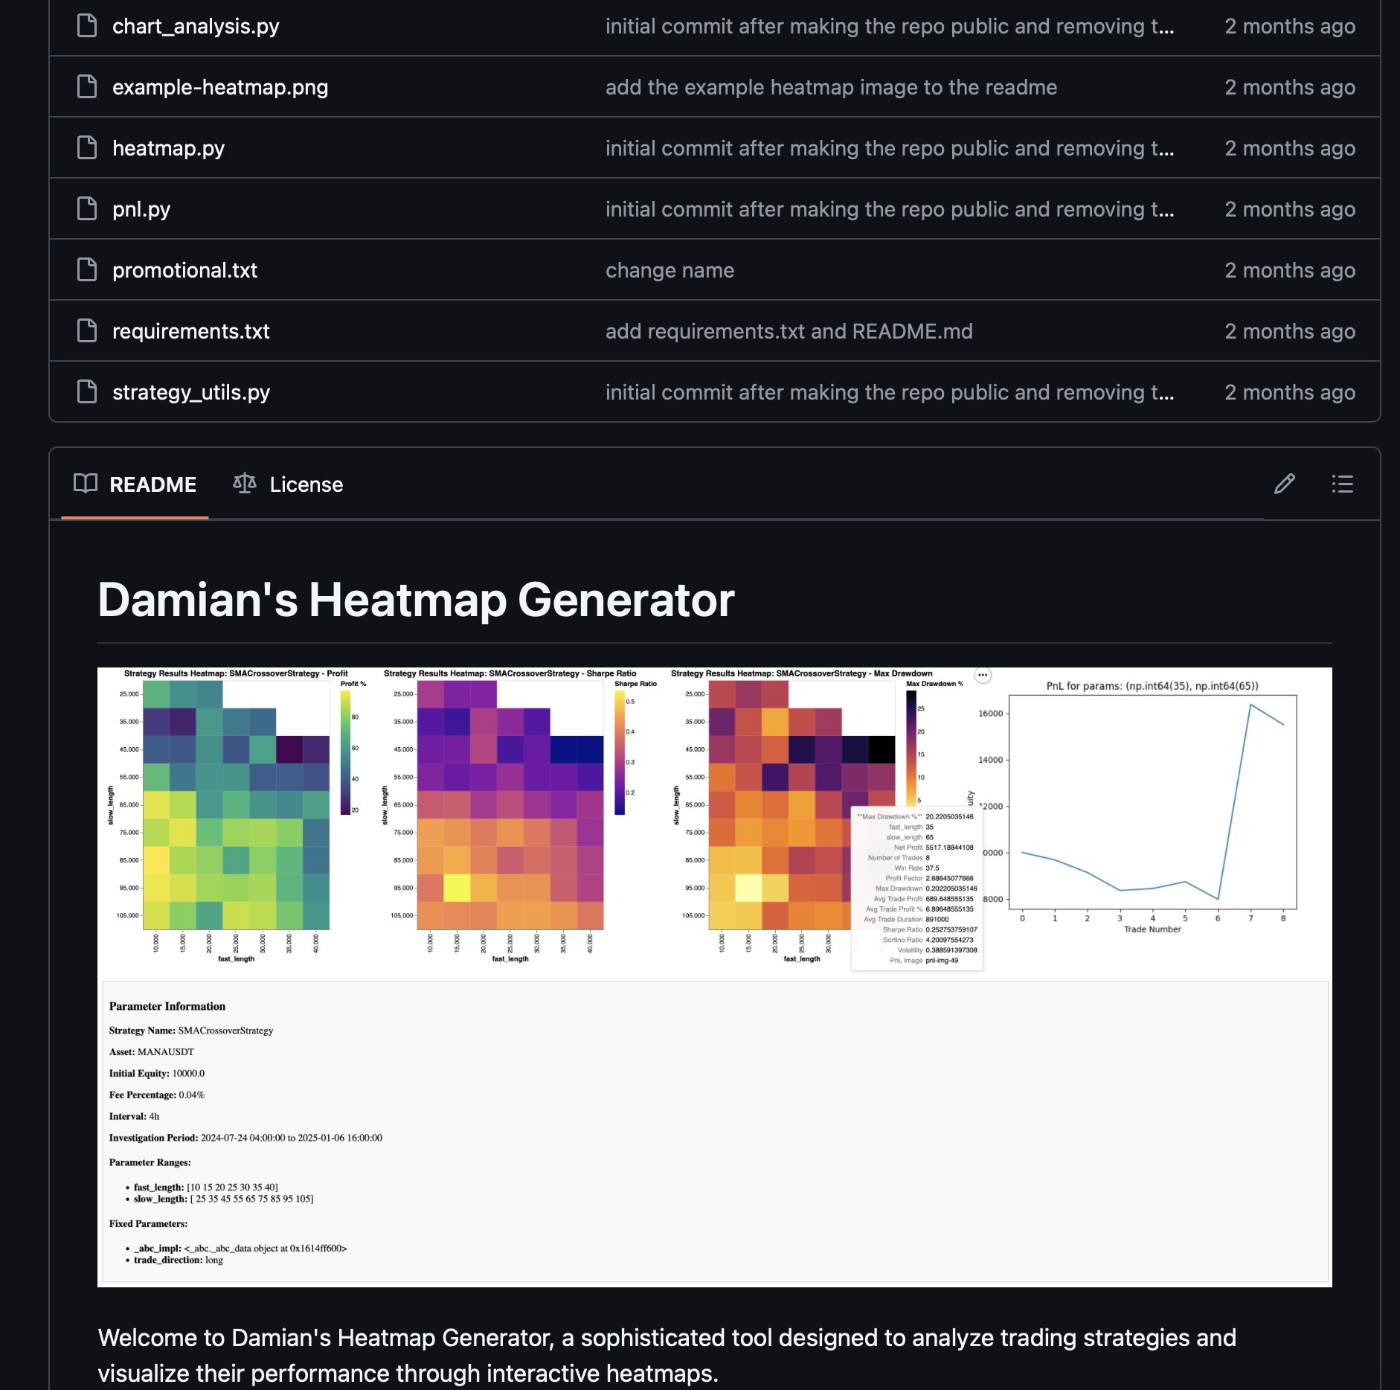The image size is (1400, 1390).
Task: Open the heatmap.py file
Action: point(168,148)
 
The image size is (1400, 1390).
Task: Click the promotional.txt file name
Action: point(184,270)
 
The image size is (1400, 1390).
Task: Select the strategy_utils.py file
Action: point(190,392)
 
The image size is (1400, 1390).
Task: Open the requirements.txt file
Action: point(190,331)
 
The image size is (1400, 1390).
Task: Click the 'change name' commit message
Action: point(670,270)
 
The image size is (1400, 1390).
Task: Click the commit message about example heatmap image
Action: point(830,87)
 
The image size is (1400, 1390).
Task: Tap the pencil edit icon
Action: point(1284,484)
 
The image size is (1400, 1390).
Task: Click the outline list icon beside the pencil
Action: point(1342,484)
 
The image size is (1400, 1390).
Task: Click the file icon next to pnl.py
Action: point(87,209)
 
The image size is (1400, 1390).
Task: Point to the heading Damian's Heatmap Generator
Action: point(416,600)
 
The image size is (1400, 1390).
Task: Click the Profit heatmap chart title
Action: point(236,673)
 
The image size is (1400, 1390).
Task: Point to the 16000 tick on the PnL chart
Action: point(990,714)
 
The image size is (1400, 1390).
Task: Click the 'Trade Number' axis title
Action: point(1152,929)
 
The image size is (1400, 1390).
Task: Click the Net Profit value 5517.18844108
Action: point(949,848)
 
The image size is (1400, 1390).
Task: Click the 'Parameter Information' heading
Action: point(167,1007)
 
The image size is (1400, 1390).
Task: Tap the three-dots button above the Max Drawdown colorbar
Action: point(983,675)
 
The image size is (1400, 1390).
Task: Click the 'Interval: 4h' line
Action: point(134,1116)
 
